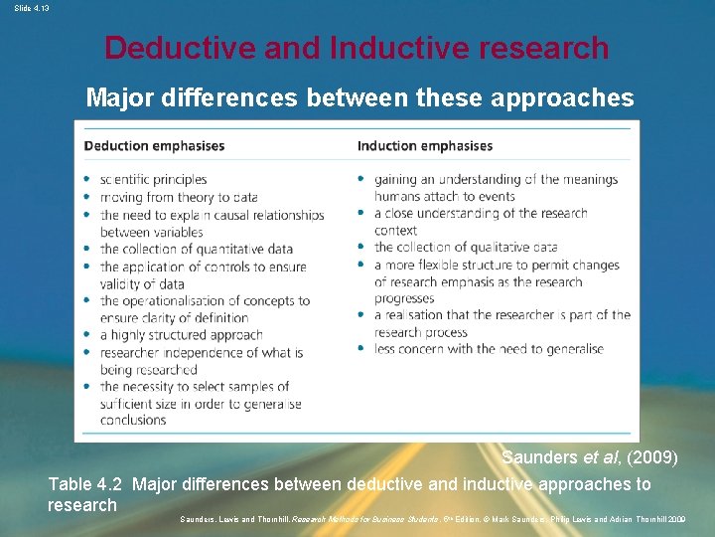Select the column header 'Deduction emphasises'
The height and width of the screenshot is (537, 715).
point(154,146)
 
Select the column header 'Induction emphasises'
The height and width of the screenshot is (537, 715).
point(425,146)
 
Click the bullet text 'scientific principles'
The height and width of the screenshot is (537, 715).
point(153,179)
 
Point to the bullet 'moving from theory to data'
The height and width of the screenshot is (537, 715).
point(179,197)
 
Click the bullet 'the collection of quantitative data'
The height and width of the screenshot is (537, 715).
point(197,249)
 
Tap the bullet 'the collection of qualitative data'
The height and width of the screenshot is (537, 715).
point(466,247)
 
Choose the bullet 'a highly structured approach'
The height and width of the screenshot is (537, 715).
point(181,335)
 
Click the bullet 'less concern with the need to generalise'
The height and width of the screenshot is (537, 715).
point(489,349)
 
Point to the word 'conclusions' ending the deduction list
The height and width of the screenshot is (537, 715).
point(133,420)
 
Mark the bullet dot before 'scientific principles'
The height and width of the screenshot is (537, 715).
point(87,180)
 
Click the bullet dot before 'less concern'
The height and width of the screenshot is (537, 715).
point(361,349)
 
